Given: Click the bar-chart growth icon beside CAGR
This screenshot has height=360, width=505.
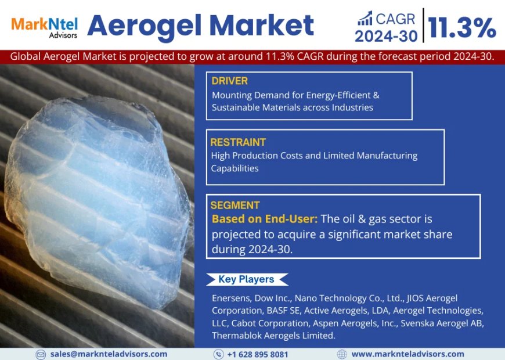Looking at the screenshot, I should pos(365,19).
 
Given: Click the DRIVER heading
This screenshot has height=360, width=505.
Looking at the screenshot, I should pos(230,80).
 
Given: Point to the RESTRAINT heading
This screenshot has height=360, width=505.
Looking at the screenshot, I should pos(238,142).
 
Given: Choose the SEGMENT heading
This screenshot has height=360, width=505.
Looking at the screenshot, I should pos(235,205).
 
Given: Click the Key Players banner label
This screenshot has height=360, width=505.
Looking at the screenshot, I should pos(246,279).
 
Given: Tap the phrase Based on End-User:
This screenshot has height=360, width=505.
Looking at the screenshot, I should pos(264,219).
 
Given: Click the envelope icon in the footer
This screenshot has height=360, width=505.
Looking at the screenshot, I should pos(41,354).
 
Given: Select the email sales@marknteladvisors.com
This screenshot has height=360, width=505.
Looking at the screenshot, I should pos(109,354).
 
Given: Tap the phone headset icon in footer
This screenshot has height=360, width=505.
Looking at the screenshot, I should pos(218,354).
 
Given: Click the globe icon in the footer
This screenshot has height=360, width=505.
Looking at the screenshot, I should pos(342,354).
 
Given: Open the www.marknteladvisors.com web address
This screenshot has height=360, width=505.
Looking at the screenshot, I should pos(407,354).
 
